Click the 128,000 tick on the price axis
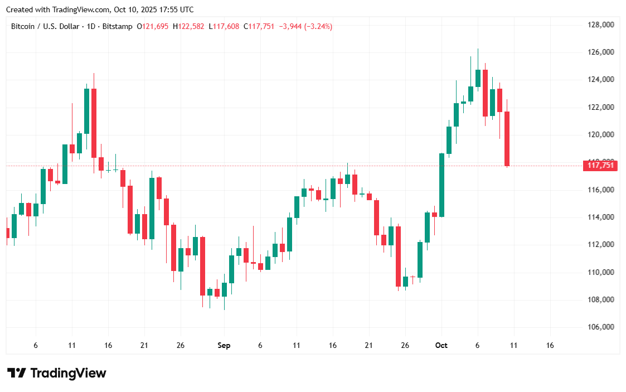click(601, 25)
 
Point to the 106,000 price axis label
click(601, 327)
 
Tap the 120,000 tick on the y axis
click(601, 134)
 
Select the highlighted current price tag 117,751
click(601, 165)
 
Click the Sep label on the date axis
click(224, 346)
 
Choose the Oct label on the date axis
click(441, 346)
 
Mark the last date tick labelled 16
click(550, 346)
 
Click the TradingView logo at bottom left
click(56, 373)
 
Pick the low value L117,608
click(225, 26)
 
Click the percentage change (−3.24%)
click(318, 26)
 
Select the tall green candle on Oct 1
click(441, 185)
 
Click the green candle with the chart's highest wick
click(478, 78)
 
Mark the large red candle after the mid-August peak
click(94, 123)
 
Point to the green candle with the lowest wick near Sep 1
click(224, 289)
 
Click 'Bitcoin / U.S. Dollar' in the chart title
click(46, 26)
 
